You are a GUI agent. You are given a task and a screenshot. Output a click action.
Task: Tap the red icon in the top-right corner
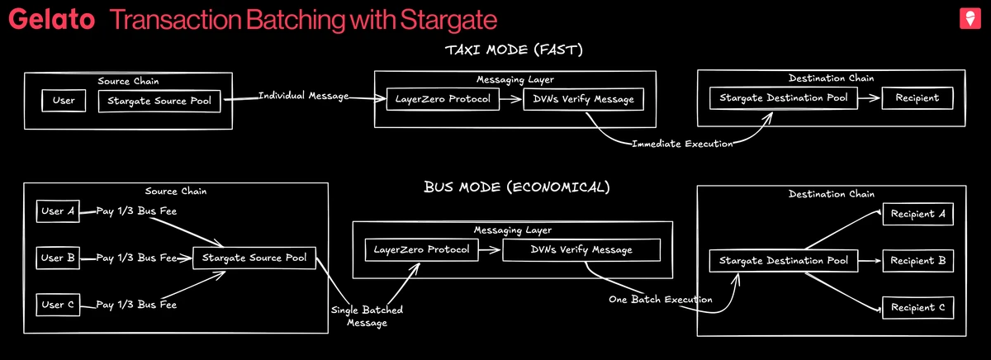pyautogui.click(x=968, y=19)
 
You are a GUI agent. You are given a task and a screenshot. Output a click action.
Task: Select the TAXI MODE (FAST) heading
pyautogui.click(x=514, y=51)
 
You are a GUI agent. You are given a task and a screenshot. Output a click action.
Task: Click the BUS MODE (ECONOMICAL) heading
pyautogui.click(x=516, y=187)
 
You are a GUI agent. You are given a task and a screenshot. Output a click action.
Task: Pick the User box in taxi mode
pyautogui.click(x=64, y=101)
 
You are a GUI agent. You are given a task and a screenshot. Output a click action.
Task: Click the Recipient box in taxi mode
pyautogui.click(x=917, y=98)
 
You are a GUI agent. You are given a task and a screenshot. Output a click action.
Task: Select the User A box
pyautogui.click(x=59, y=211)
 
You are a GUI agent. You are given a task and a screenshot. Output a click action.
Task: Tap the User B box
pyautogui.click(x=59, y=258)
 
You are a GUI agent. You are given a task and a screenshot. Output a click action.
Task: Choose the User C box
pyautogui.click(x=59, y=306)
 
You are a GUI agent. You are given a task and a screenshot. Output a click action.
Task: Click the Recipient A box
pyautogui.click(x=918, y=215)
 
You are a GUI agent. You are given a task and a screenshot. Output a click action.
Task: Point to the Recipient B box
pyautogui.click(x=918, y=262)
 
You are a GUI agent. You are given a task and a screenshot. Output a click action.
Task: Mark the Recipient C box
pyautogui.click(x=918, y=308)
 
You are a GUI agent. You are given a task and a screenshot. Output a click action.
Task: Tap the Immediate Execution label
pyautogui.click(x=681, y=144)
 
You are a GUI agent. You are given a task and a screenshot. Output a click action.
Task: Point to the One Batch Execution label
pyautogui.click(x=660, y=299)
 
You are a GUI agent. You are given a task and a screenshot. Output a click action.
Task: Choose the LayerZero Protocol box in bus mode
pyautogui.click(x=422, y=249)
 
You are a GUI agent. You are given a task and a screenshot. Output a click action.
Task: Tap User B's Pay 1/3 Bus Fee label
pyautogui.click(x=136, y=258)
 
